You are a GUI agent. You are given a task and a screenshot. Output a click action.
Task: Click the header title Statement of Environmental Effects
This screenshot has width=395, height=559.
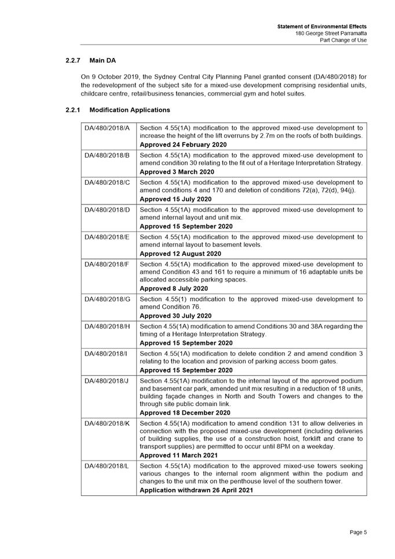tap(321, 27)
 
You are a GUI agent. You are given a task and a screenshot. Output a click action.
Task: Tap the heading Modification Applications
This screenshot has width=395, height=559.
tap(130, 109)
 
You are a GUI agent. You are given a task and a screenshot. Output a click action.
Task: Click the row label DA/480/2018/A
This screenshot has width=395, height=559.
tap(107, 128)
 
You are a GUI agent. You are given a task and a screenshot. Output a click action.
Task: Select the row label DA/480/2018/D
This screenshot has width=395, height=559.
tap(107, 210)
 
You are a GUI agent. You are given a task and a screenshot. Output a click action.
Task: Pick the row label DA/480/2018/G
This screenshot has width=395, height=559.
tap(107, 299)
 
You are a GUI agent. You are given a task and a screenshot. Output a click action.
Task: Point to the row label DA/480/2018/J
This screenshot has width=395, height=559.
tap(107, 381)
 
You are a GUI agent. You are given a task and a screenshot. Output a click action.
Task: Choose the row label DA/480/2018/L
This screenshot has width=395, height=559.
tap(107, 466)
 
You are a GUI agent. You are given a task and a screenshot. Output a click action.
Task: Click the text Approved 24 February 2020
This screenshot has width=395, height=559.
tap(184, 144)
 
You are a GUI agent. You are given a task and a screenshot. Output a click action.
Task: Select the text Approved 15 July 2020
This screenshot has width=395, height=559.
tap(175, 199)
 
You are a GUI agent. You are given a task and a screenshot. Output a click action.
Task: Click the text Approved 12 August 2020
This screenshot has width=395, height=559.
tap(180, 254)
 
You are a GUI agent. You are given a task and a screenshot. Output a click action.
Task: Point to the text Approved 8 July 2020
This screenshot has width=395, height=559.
tap(174, 288)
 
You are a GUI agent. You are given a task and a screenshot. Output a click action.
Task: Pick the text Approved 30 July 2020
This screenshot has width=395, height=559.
tap(175, 316)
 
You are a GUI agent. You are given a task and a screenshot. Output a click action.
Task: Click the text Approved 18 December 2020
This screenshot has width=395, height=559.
tap(185, 413)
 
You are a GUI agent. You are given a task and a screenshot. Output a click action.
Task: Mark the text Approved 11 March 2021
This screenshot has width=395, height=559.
tap(179, 455)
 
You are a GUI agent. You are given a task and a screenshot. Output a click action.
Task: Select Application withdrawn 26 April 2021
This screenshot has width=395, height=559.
tap(196, 490)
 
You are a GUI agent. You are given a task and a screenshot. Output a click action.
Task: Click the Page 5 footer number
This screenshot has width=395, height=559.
tap(358, 533)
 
